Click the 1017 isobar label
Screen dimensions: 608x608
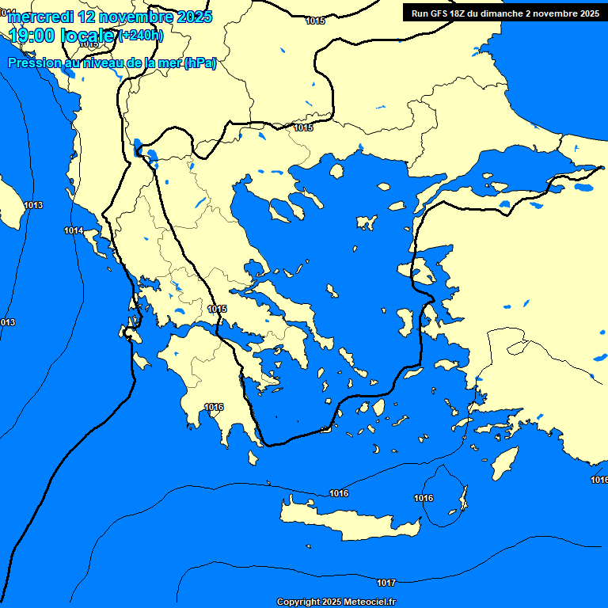[386, 583]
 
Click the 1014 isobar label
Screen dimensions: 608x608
[74, 230]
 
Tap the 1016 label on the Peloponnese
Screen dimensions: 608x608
[214, 407]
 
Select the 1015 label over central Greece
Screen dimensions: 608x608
[217, 309]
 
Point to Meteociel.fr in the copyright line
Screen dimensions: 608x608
[369, 602]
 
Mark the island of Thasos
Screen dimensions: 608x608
[336, 171]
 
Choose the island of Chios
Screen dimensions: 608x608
[406, 321]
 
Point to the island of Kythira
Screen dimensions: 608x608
[253, 458]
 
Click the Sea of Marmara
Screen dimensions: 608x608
[507, 174]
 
